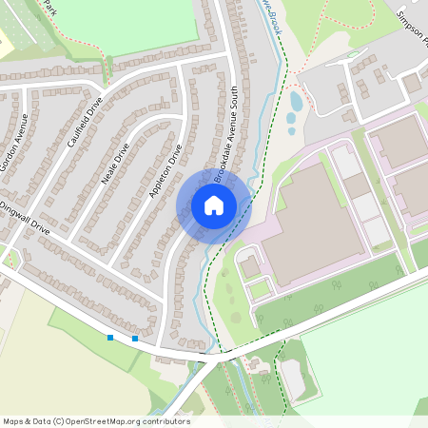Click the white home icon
(x=213, y=205)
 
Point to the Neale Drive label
(x=115, y=163)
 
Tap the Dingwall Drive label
(x=23, y=215)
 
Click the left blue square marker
(x=110, y=337)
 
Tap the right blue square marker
(x=135, y=339)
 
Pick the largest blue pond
(x=296, y=101)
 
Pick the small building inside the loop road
(x=250, y=267)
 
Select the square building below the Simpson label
(x=412, y=84)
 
